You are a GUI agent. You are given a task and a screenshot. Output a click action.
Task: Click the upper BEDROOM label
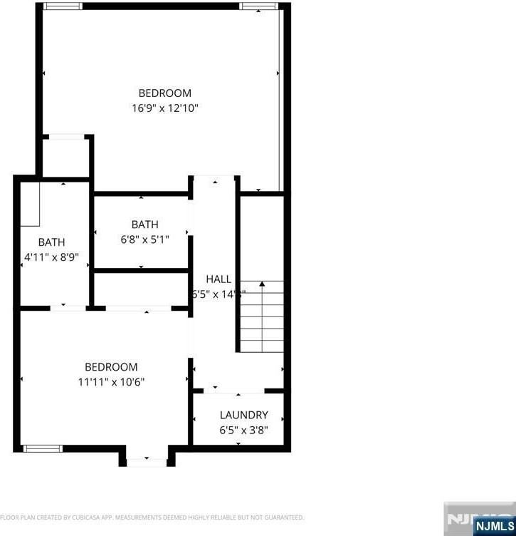click(164, 93)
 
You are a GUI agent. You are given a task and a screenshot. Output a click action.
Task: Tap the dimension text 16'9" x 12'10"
click(164, 108)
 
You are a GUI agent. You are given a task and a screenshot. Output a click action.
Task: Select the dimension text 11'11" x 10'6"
click(110, 381)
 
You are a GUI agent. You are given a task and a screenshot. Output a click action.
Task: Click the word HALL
click(218, 279)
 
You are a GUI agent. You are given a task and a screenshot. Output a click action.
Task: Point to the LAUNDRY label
click(243, 415)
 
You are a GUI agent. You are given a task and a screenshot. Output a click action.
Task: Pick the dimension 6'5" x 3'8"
click(243, 430)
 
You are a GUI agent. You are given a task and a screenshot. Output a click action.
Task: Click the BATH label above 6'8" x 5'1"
click(144, 224)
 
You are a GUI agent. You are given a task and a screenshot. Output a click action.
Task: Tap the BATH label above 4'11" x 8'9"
click(51, 242)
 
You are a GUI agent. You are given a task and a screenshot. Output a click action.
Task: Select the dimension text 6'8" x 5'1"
click(144, 239)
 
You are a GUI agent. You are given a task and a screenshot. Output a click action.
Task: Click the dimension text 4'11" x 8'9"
click(51, 257)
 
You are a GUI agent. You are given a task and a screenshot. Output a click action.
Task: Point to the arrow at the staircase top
click(262, 284)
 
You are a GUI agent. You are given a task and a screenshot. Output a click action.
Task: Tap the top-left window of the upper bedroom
click(63, 6)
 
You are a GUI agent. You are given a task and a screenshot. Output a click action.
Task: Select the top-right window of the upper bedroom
click(258, 6)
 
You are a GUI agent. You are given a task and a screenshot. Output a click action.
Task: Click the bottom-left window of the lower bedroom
click(43, 448)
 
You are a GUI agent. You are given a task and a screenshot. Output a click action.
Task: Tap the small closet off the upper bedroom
click(65, 158)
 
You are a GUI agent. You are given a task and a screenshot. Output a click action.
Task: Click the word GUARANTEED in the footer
click(281, 517)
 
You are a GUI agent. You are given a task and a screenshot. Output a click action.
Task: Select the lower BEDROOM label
click(110, 366)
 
